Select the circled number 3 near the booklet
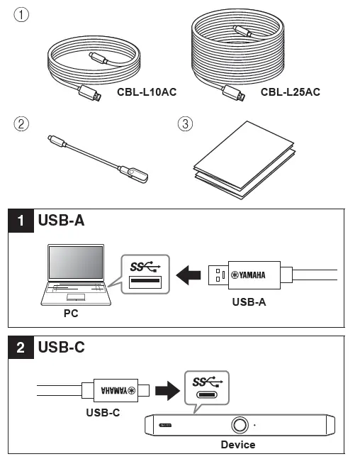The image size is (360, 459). click(184, 123)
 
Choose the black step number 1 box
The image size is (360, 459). click(26, 221)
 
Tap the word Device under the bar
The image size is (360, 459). click(238, 445)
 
